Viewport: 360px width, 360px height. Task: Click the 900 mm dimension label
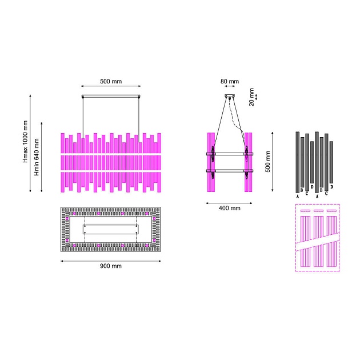(x=111, y=266)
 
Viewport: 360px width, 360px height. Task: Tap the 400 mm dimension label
(x=229, y=208)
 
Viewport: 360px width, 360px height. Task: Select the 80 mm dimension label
(x=230, y=81)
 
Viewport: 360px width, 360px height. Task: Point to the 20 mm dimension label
(x=251, y=97)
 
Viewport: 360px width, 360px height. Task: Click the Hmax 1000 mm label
(x=25, y=142)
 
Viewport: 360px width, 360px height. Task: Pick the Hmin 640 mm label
(x=37, y=157)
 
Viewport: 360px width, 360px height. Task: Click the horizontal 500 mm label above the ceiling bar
(x=111, y=81)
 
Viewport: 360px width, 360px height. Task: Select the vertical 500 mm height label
(x=267, y=161)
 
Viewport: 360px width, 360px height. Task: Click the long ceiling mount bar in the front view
(x=111, y=97)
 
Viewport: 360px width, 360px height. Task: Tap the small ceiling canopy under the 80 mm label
(x=230, y=96)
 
